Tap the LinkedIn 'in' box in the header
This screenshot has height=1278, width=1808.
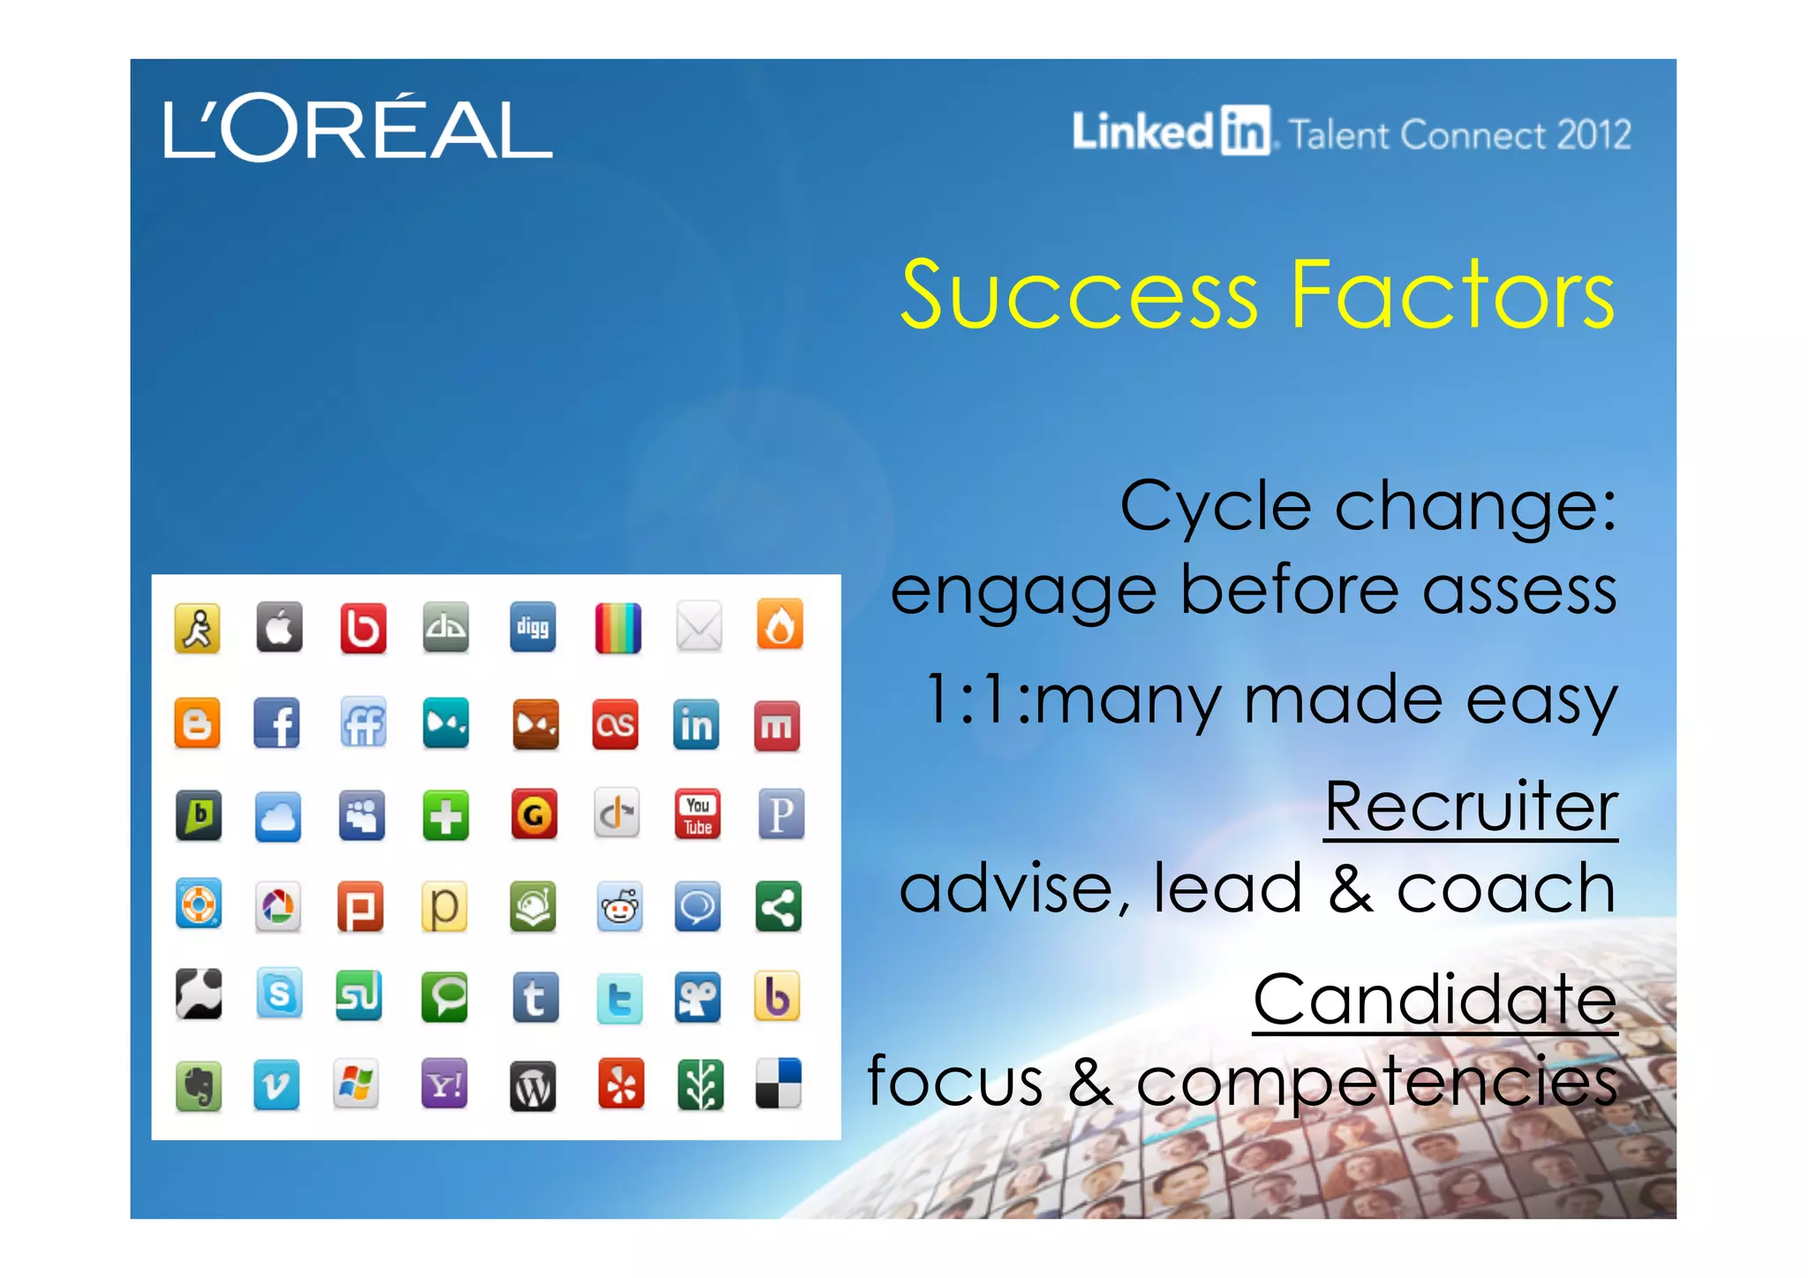tap(1246, 131)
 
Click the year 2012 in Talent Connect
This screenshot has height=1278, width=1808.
tap(1593, 135)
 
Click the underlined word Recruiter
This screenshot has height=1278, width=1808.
tap(1471, 806)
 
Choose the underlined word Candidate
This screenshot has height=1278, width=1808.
tap(1435, 999)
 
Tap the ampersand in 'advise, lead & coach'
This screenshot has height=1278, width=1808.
tap(1350, 889)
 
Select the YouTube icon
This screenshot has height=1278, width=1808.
tap(697, 814)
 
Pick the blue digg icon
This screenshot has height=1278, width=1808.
tap(532, 627)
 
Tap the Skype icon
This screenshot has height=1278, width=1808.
tap(279, 994)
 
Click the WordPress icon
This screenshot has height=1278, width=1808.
tap(532, 1086)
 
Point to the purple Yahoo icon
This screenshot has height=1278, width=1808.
tap(444, 1085)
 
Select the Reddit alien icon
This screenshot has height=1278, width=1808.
tap(619, 906)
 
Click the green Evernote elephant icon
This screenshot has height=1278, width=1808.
tap(199, 1086)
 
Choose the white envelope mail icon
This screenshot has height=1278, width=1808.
tap(698, 627)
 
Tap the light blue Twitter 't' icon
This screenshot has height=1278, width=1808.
tap(619, 999)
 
